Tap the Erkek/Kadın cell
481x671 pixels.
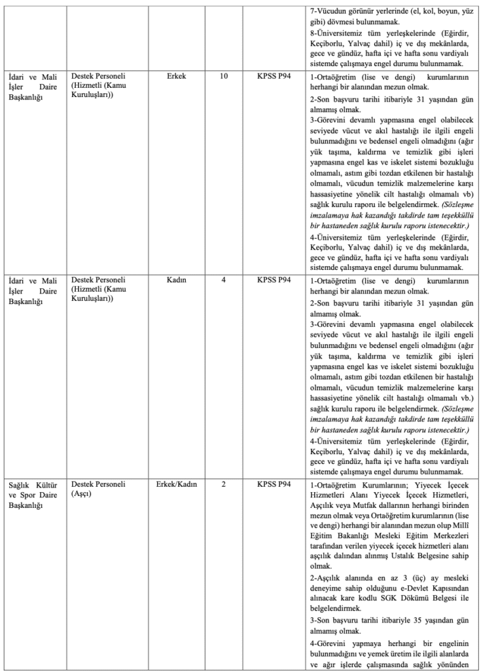click(x=176, y=484)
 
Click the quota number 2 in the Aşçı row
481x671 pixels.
click(x=224, y=484)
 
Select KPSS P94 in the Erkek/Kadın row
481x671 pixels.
click(x=274, y=484)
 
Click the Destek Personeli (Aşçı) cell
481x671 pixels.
click(x=98, y=489)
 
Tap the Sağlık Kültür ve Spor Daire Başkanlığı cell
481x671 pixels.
click(x=33, y=495)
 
